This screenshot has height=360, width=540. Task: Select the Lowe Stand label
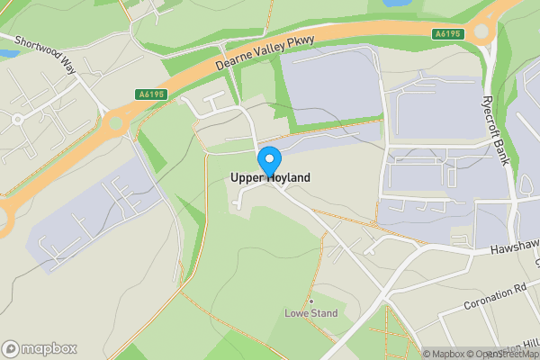pos(310,314)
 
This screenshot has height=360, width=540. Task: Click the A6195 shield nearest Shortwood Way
pos(150,94)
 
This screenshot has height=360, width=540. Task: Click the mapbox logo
pos(40,348)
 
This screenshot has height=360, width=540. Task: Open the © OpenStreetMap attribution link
pos(504,354)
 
